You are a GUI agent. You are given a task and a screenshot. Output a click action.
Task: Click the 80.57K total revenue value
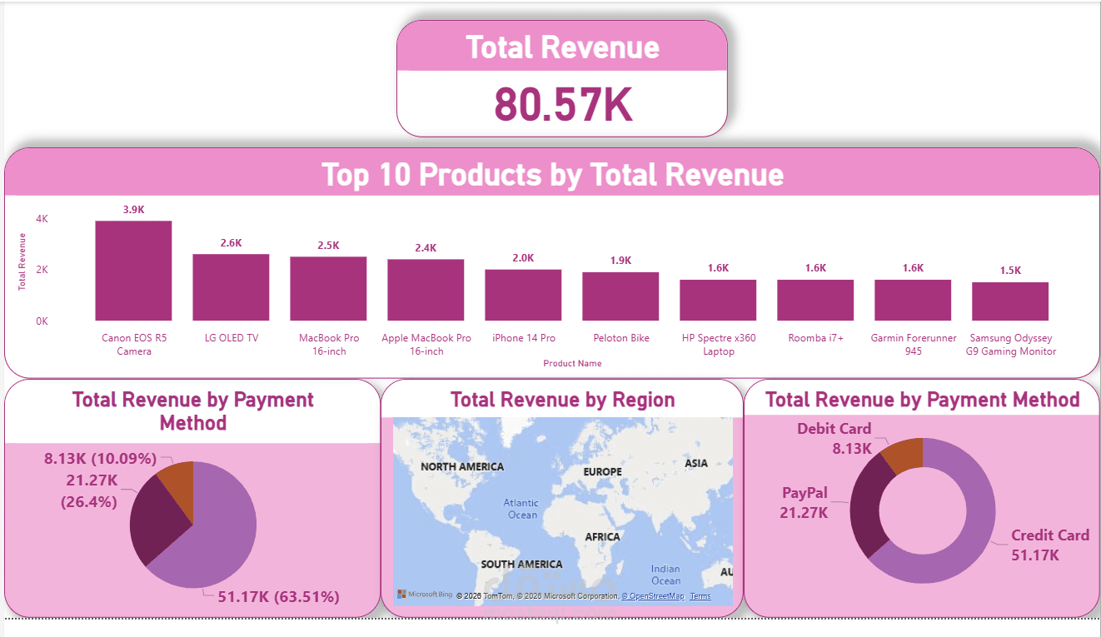point(563,104)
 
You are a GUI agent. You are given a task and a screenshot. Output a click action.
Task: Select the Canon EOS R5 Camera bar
point(133,271)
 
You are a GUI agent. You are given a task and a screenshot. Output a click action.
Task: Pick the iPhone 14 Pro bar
point(523,295)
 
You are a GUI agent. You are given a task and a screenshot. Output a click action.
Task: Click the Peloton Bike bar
point(620,296)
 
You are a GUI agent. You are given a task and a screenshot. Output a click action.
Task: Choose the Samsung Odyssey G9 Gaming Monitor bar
point(1009,301)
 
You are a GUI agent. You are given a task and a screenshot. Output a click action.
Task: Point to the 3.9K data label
point(133,210)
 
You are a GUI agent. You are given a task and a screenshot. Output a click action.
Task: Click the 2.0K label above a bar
point(523,258)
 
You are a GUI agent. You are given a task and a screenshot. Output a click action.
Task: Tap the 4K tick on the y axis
point(42,219)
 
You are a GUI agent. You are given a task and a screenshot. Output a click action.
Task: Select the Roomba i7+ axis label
point(815,338)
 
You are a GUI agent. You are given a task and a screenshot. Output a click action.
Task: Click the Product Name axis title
point(572,363)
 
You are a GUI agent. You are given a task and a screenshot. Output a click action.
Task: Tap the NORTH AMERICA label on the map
point(462,466)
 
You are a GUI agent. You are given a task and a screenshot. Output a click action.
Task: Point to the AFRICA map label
point(602,537)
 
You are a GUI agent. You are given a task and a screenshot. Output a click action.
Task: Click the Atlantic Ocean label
point(521,509)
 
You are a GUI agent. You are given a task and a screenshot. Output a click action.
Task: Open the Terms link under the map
point(700,596)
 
